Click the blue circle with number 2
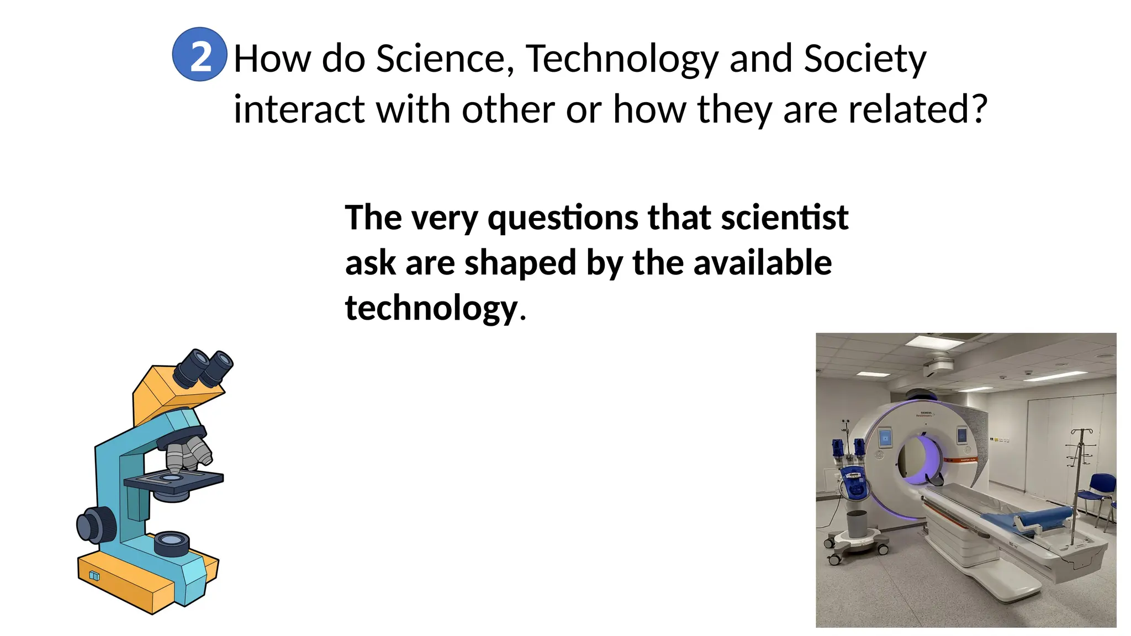199,55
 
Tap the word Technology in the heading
622,60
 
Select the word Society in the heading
865,60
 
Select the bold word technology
431,309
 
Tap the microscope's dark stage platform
175,482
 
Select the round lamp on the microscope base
172,543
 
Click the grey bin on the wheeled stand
857,523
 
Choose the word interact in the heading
298,109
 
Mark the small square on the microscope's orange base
94,576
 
